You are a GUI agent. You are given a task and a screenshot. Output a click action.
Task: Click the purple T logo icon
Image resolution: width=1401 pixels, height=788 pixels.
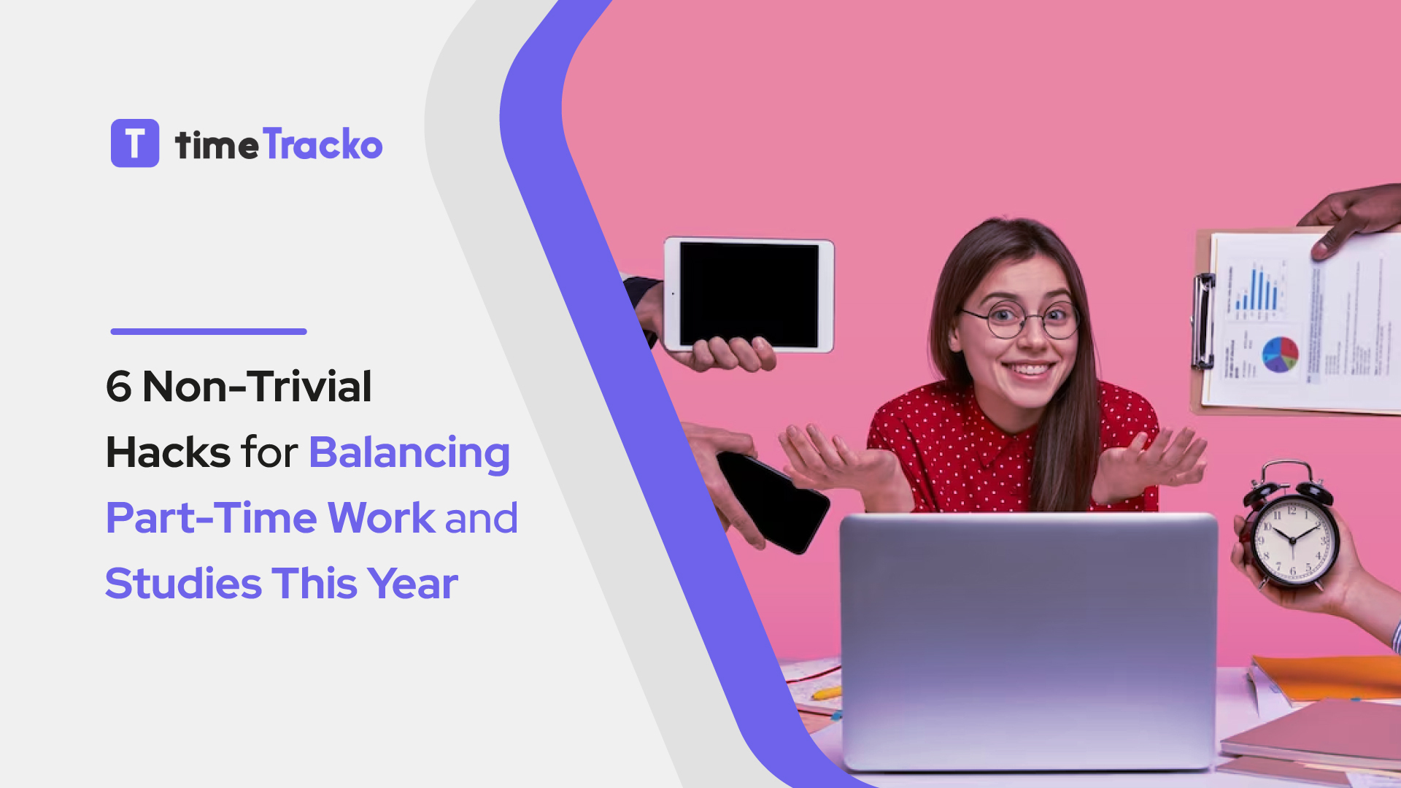[x=135, y=143]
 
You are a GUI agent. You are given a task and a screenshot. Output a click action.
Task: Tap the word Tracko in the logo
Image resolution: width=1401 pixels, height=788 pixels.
[x=323, y=144]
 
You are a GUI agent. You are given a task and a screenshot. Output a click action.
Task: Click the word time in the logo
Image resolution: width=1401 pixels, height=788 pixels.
[x=216, y=145]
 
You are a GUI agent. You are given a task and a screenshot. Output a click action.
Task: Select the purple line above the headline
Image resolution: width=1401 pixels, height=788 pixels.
[x=209, y=331]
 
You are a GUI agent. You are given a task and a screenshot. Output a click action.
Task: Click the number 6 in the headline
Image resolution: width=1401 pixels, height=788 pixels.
[x=119, y=387]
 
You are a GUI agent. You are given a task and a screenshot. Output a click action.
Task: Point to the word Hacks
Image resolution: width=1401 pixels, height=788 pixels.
[x=169, y=452]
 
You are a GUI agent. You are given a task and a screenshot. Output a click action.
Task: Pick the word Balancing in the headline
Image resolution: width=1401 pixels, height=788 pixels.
[x=409, y=452]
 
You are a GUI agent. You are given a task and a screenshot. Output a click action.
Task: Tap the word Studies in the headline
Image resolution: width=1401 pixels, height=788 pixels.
[x=183, y=584]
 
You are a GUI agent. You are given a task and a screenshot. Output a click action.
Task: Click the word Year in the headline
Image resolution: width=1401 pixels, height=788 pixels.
[x=413, y=584]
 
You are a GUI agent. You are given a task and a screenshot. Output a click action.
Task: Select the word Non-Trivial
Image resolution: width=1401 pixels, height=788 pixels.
[x=257, y=387]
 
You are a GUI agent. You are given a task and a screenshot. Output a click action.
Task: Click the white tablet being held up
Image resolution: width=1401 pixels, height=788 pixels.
[x=749, y=295]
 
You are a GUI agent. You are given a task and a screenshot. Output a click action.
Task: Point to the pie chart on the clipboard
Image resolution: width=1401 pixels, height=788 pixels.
[x=1280, y=355]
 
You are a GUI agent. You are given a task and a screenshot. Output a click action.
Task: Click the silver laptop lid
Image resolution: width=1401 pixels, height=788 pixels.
[x=1029, y=635]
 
